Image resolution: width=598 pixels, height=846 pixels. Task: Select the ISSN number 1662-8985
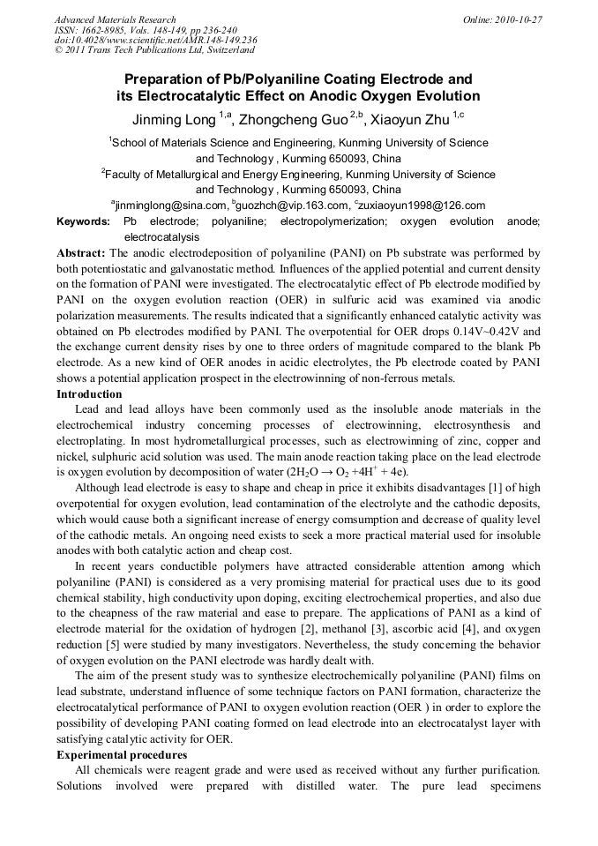tap(101, 30)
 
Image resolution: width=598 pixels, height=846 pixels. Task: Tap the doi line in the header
tap(155, 41)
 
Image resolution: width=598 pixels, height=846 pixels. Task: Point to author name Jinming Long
tap(173, 118)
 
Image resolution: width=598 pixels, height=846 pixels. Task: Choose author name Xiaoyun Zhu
tap(412, 118)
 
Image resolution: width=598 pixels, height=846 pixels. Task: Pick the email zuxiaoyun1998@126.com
tap(422, 206)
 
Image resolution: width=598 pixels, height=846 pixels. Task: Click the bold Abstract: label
tap(81, 253)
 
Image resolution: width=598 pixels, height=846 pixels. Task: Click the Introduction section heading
tap(89, 394)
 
